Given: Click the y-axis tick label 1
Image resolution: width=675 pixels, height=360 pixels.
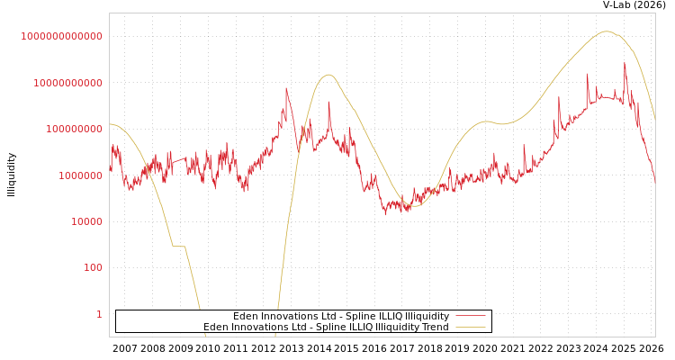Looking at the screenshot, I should [99, 314].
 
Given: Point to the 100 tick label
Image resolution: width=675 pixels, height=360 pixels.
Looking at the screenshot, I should [93, 268].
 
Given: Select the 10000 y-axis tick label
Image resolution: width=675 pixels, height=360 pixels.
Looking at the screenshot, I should [86, 221].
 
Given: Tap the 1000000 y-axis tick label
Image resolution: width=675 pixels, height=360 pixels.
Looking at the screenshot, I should [80, 175].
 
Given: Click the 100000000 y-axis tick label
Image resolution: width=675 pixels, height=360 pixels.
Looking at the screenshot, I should [74, 129].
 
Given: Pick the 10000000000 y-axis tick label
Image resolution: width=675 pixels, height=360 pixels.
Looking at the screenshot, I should [67, 83].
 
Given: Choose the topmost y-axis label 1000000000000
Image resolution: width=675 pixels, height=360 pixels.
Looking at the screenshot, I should [61, 36].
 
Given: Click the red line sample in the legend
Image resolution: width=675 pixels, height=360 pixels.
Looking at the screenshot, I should [471, 316].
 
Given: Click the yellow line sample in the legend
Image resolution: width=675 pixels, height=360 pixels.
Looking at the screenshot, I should [471, 327].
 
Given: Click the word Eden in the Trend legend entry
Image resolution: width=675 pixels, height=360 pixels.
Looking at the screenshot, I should [217, 327].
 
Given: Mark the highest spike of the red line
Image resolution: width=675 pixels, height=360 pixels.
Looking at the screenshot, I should [625, 62].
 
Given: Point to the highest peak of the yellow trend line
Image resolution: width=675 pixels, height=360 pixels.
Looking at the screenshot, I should [606, 31].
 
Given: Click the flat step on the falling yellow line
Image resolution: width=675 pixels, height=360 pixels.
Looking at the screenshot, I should [178, 246].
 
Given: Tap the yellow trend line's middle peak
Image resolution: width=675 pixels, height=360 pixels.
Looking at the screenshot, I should [328, 75].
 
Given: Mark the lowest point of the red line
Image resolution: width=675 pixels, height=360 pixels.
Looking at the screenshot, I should [386, 214].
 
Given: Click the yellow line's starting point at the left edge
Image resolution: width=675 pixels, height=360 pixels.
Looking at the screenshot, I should [110, 124].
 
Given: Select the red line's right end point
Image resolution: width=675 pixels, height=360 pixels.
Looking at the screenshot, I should [655, 182].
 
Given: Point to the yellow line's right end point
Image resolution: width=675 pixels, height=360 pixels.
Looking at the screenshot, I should [655, 120].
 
